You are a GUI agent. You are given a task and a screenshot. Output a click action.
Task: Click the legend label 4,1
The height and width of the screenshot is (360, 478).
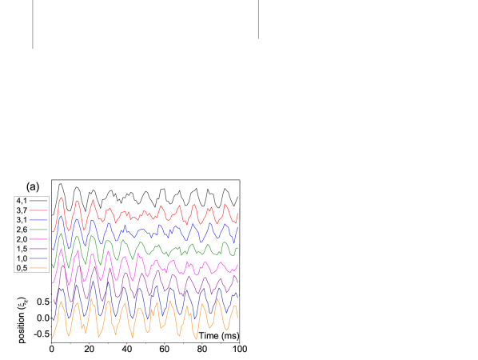[x=22, y=200]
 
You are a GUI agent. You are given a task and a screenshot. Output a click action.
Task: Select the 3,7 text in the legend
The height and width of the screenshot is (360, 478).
[x=22, y=210]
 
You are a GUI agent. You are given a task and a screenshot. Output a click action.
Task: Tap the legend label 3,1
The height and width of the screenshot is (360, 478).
[x=22, y=219]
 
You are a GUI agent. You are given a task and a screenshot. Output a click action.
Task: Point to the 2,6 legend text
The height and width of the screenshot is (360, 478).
[x=22, y=230]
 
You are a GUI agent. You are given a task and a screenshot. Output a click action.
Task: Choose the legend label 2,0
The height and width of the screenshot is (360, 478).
[x=22, y=239]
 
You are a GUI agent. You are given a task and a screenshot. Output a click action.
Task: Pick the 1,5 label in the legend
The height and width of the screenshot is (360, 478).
[x=22, y=249]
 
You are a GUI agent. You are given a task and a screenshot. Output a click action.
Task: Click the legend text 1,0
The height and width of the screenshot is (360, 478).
[x=22, y=258]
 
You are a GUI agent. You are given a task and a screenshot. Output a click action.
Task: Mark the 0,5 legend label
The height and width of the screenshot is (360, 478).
[x=22, y=268]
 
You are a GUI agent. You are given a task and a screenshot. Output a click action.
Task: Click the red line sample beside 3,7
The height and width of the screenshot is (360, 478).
[x=39, y=210]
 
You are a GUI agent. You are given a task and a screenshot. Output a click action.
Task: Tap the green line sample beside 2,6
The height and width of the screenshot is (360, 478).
[x=39, y=230]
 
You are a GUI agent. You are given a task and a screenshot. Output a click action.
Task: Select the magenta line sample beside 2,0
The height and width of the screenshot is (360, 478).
[x=39, y=239]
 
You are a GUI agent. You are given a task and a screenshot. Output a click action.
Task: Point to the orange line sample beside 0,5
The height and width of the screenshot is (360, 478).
[x=39, y=268]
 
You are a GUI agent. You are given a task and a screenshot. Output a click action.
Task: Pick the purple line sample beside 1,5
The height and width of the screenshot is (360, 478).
[x=39, y=249]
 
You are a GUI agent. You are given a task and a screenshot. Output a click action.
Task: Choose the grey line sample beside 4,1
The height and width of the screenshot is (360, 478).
[x=39, y=200]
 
